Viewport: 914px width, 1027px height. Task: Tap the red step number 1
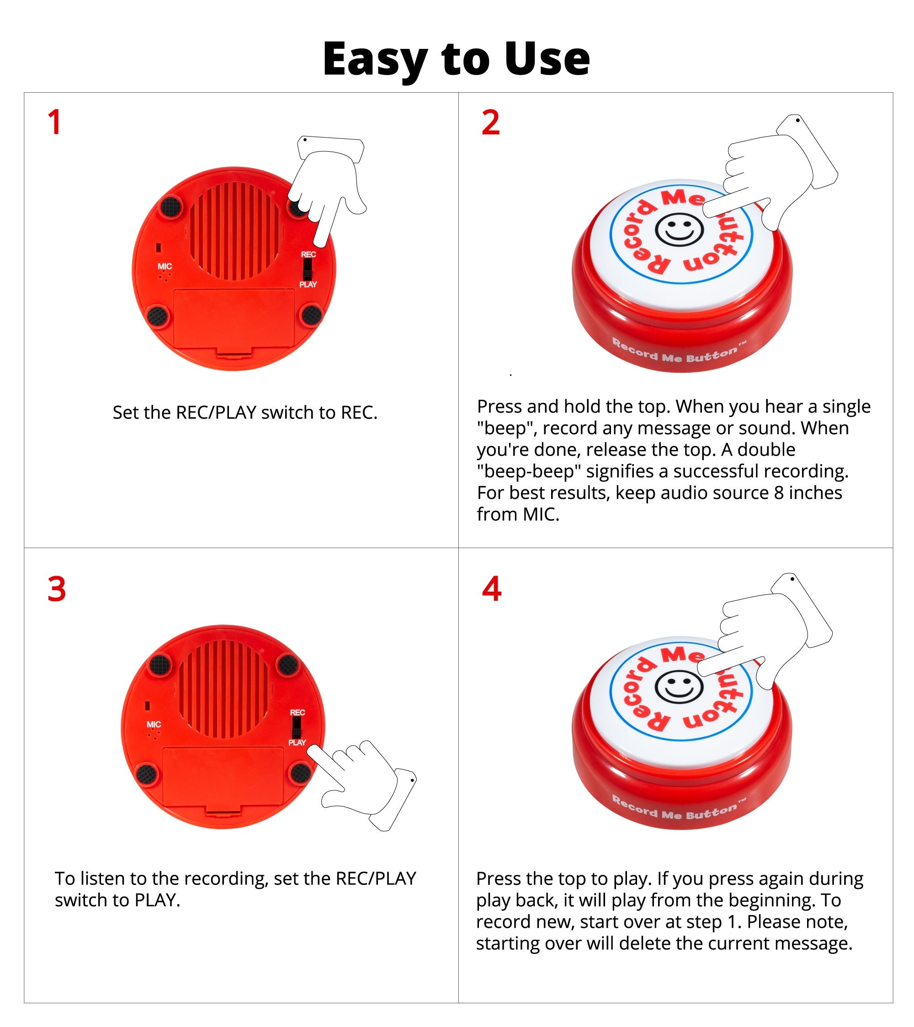tap(54, 122)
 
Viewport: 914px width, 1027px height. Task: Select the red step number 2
tap(490, 122)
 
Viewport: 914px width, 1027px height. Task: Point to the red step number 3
tap(56, 589)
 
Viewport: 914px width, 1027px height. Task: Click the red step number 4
tap(491, 589)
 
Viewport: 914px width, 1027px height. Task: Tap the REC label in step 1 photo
tap(308, 254)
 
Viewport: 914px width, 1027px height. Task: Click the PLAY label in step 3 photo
tap(297, 743)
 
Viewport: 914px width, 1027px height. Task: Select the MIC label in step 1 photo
tap(165, 266)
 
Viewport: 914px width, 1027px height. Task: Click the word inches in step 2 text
tap(814, 493)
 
